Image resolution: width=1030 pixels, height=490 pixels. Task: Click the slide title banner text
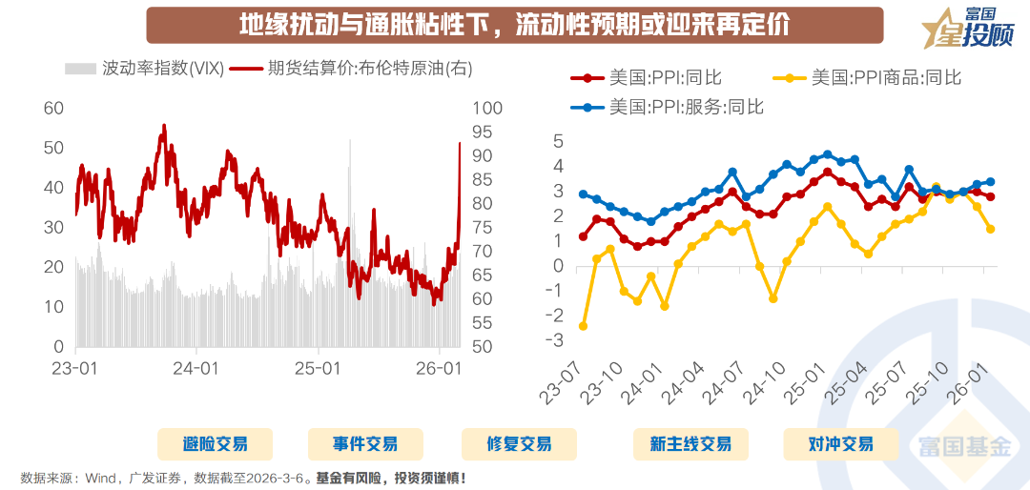click(x=514, y=25)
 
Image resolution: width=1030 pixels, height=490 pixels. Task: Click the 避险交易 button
click(x=215, y=444)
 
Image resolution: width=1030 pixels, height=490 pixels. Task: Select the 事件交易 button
click(x=364, y=444)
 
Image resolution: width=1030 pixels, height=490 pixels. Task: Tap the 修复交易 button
click(x=519, y=444)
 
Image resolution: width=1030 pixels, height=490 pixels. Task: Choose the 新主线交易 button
click(x=690, y=444)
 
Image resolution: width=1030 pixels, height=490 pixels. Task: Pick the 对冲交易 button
click(x=840, y=444)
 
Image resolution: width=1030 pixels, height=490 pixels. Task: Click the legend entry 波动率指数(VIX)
click(x=143, y=69)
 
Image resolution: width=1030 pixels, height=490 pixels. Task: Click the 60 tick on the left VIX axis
click(x=53, y=109)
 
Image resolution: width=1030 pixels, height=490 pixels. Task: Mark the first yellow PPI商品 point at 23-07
click(x=583, y=326)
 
